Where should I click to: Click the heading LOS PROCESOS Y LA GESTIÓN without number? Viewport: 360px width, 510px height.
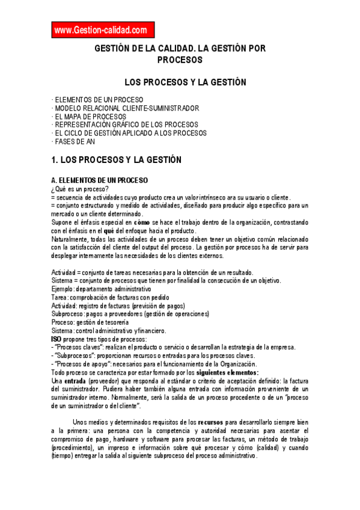click(185, 82)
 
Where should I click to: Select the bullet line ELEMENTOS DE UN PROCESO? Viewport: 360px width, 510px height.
click(98, 100)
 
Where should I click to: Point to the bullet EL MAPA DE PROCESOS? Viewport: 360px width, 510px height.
click(90, 117)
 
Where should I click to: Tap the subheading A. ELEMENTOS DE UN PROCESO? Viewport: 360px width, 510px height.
click(99, 180)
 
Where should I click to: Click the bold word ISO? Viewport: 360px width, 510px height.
click(56, 339)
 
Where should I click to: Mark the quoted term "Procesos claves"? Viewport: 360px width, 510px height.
click(77, 347)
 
